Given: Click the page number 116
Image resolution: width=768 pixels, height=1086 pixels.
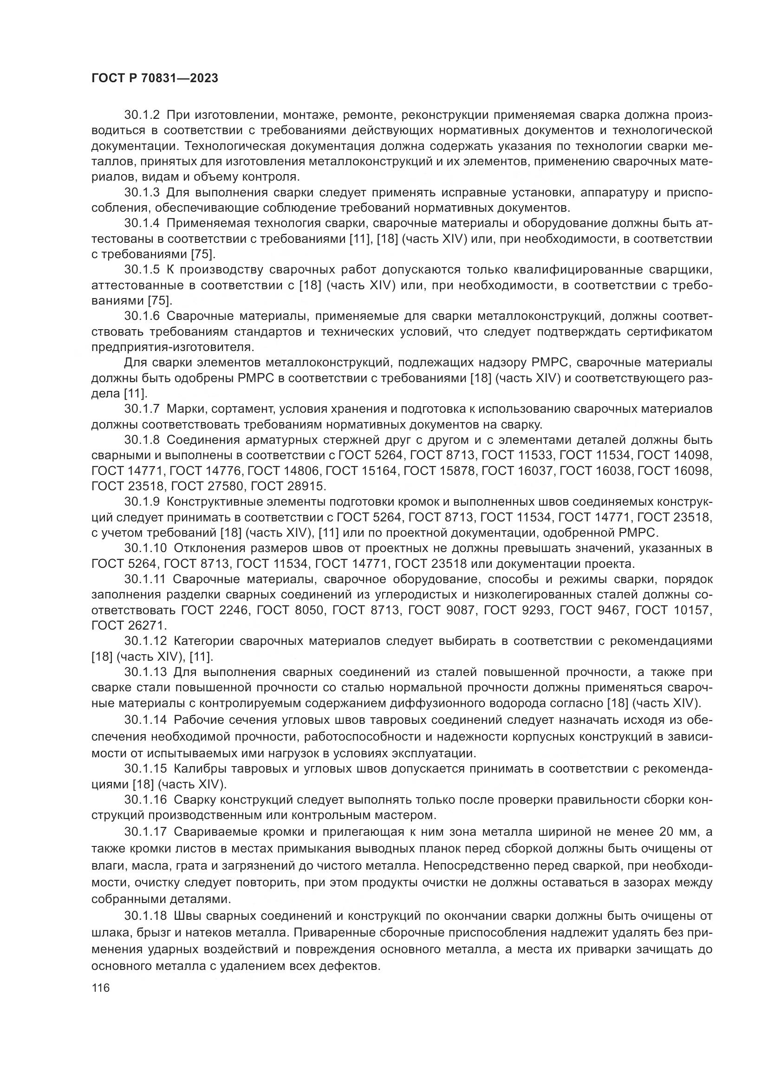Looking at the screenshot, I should (101, 988).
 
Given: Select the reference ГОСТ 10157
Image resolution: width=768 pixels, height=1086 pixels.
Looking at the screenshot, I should (672, 610).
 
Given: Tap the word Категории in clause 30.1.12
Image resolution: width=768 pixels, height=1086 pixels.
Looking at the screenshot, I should (204, 641).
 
